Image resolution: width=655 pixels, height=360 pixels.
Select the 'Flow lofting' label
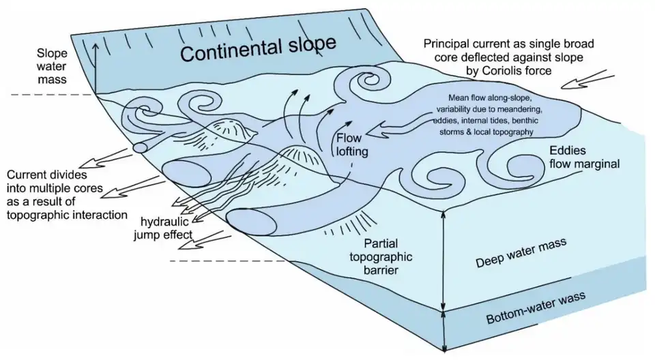(x=352, y=144)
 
